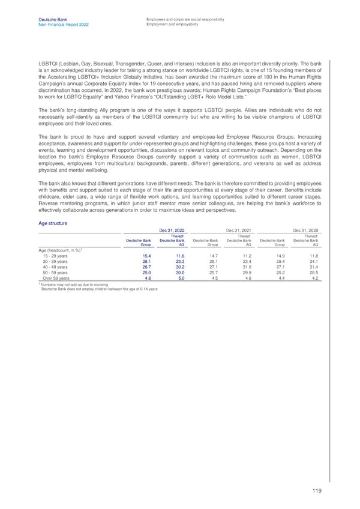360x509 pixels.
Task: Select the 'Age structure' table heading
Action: click(x=52, y=224)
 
